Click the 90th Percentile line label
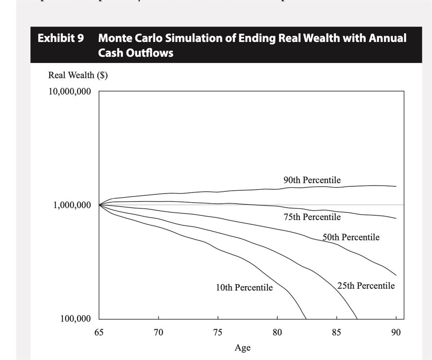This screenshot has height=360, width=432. (312, 180)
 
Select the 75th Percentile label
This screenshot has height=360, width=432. (312, 217)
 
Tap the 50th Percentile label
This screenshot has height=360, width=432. (351, 237)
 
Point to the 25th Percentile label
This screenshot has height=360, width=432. (366, 286)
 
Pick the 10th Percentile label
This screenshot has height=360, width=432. (244, 288)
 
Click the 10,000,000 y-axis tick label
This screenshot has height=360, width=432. (69, 91)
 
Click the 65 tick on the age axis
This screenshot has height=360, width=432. (99, 332)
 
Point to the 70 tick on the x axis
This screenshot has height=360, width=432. (159, 332)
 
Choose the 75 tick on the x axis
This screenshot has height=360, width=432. (218, 332)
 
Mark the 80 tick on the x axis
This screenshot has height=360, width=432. (277, 332)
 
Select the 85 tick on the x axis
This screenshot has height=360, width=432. (337, 332)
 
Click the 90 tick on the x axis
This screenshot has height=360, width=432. (396, 332)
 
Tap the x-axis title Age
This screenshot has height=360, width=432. (242, 348)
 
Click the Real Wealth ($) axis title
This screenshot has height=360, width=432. (78, 75)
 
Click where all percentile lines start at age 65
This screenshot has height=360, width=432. (99, 205)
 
